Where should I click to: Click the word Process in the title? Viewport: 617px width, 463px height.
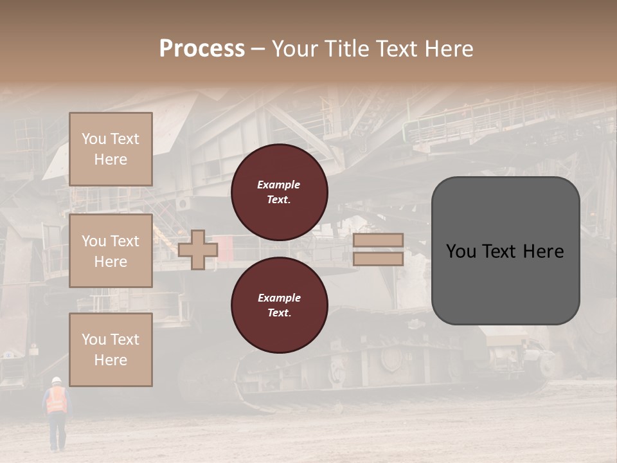pyautogui.click(x=202, y=49)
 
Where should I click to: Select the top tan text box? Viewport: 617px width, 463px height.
pyautogui.click(x=111, y=149)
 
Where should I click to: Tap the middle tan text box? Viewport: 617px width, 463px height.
pyautogui.click(x=111, y=251)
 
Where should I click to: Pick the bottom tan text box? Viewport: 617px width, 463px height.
pyautogui.click(x=111, y=350)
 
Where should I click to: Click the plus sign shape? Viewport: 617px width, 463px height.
pyautogui.click(x=197, y=250)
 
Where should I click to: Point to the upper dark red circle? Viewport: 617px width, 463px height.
pyautogui.click(x=279, y=192)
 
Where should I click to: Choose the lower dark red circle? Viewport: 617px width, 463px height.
pyautogui.click(x=279, y=305)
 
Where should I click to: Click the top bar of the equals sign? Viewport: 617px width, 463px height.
pyautogui.click(x=378, y=241)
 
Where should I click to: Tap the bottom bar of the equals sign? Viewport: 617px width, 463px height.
pyautogui.click(x=378, y=259)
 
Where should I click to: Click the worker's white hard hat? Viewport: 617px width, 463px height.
pyautogui.click(x=57, y=380)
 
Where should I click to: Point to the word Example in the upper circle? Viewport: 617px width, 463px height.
pyautogui.click(x=278, y=185)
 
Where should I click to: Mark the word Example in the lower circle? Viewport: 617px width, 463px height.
pyautogui.click(x=279, y=298)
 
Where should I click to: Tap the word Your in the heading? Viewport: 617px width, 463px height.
pyautogui.click(x=294, y=49)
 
